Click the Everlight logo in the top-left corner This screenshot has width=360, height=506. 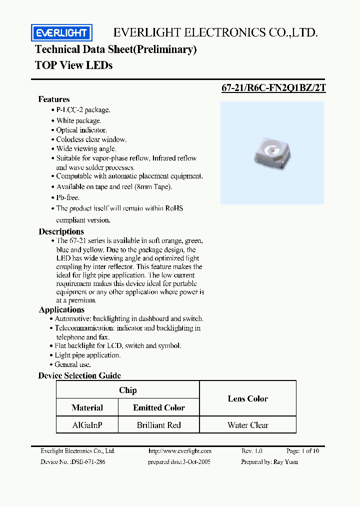[x=61, y=33]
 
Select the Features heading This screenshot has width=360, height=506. [x=54, y=99]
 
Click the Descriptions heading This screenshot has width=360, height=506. [x=61, y=231]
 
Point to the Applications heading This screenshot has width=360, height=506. [x=61, y=309]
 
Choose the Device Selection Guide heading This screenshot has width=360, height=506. [x=79, y=375]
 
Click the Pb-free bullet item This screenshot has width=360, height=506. [x=67, y=197]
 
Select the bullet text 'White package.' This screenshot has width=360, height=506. [x=78, y=120]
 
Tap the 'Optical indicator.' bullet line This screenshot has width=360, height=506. [x=81, y=130]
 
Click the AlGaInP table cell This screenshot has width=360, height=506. [x=87, y=425]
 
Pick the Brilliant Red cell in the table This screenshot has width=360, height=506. [x=158, y=425]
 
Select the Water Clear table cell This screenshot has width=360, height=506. [x=247, y=425]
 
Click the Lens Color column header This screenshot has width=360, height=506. [x=247, y=398]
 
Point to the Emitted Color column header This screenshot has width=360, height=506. [x=158, y=407]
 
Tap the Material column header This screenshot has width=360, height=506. [x=87, y=407]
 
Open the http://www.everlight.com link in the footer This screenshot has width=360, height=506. [x=180, y=450]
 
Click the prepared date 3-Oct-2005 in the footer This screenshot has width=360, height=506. [x=179, y=461]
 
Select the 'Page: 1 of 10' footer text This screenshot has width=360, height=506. [x=302, y=450]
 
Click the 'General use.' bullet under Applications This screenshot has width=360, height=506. [x=72, y=364]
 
